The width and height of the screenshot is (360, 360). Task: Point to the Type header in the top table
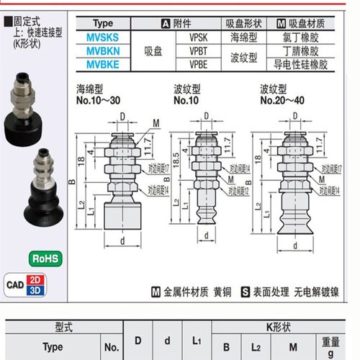point(109,23)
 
